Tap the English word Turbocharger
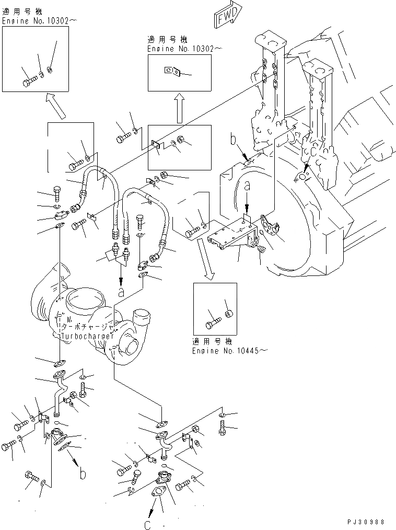pos(87,336)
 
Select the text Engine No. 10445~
pos(225,350)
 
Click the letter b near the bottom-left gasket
pos(83,474)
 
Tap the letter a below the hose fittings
pos(121,293)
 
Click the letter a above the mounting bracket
pos(248,185)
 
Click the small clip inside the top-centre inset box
pos(171,70)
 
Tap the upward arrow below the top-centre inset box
pos(179,109)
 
